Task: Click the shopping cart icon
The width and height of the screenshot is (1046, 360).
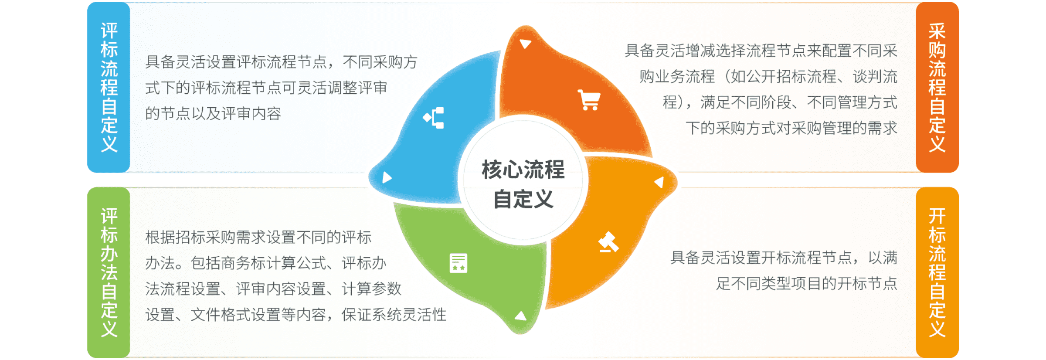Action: [589, 100]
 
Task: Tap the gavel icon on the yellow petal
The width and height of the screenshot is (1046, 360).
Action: [608, 242]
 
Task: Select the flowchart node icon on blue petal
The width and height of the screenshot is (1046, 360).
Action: [434, 118]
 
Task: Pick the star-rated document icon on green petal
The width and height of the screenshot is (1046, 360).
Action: [458, 263]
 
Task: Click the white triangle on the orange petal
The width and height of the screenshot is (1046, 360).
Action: [526, 44]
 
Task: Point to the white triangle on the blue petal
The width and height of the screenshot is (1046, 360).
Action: [387, 177]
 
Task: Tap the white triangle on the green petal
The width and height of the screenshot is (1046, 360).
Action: [520, 316]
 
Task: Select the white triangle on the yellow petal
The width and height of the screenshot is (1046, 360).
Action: [659, 182]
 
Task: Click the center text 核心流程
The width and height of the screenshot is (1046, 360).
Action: [523, 170]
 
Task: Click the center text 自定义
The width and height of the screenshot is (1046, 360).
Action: [523, 200]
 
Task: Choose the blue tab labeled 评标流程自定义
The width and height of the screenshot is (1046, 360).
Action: [109, 87]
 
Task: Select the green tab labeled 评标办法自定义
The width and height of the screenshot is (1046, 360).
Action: [109, 272]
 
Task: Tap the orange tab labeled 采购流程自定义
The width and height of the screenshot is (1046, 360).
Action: [937, 87]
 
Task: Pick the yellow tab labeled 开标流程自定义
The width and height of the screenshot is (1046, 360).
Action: [937, 272]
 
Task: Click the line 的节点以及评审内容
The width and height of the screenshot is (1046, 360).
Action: [213, 113]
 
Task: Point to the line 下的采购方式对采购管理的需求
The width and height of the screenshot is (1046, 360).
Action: [791, 128]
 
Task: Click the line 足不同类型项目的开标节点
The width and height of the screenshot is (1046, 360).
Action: [807, 283]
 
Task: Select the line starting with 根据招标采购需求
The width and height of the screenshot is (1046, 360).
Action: [258, 237]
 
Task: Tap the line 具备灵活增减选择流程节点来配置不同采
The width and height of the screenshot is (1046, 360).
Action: [761, 51]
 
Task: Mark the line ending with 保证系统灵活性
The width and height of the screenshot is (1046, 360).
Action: [296, 314]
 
